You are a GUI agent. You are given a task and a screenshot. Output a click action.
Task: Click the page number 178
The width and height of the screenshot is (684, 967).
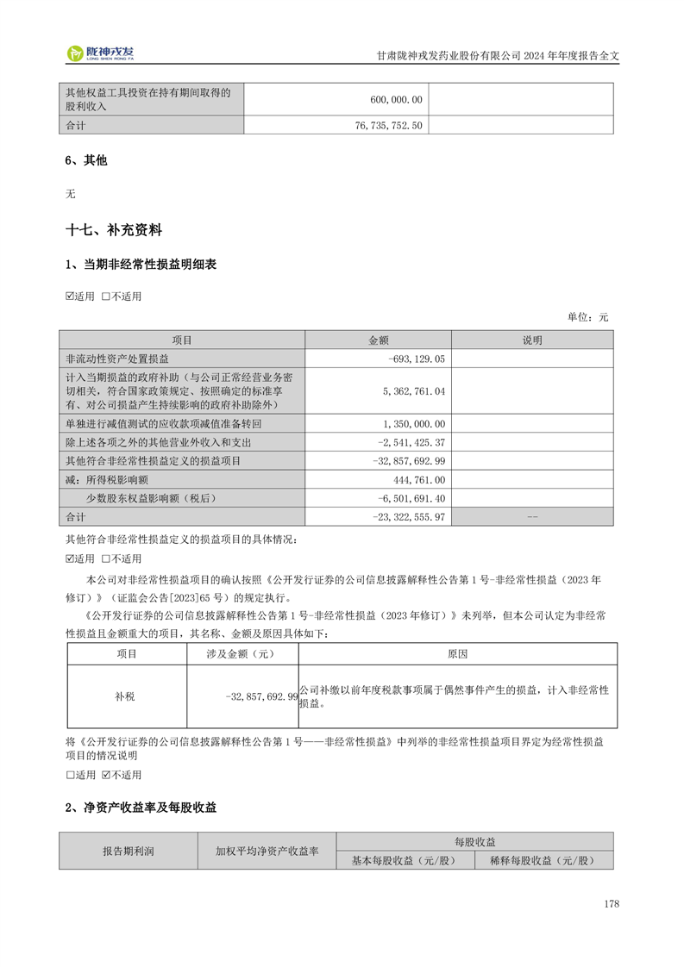click(x=612, y=904)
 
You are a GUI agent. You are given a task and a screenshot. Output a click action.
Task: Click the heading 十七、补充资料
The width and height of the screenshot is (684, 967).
click(x=114, y=231)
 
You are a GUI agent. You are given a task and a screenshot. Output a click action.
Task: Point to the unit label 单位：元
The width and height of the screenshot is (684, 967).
click(x=587, y=317)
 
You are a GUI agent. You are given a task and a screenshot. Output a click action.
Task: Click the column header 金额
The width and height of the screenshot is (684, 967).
click(x=379, y=340)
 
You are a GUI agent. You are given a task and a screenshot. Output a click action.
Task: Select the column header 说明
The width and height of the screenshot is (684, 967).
click(x=532, y=340)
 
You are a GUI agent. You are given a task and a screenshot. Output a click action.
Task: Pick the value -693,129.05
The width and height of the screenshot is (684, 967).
click(x=417, y=359)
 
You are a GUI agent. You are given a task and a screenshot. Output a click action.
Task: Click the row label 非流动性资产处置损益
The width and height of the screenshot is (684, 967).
click(x=117, y=359)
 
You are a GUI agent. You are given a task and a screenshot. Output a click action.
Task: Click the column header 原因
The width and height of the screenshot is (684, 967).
click(x=457, y=654)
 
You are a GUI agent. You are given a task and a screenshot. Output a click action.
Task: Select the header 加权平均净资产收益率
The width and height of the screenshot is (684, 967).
click(x=267, y=851)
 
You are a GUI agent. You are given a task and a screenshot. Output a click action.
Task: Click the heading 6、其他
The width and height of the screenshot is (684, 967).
click(x=86, y=160)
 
